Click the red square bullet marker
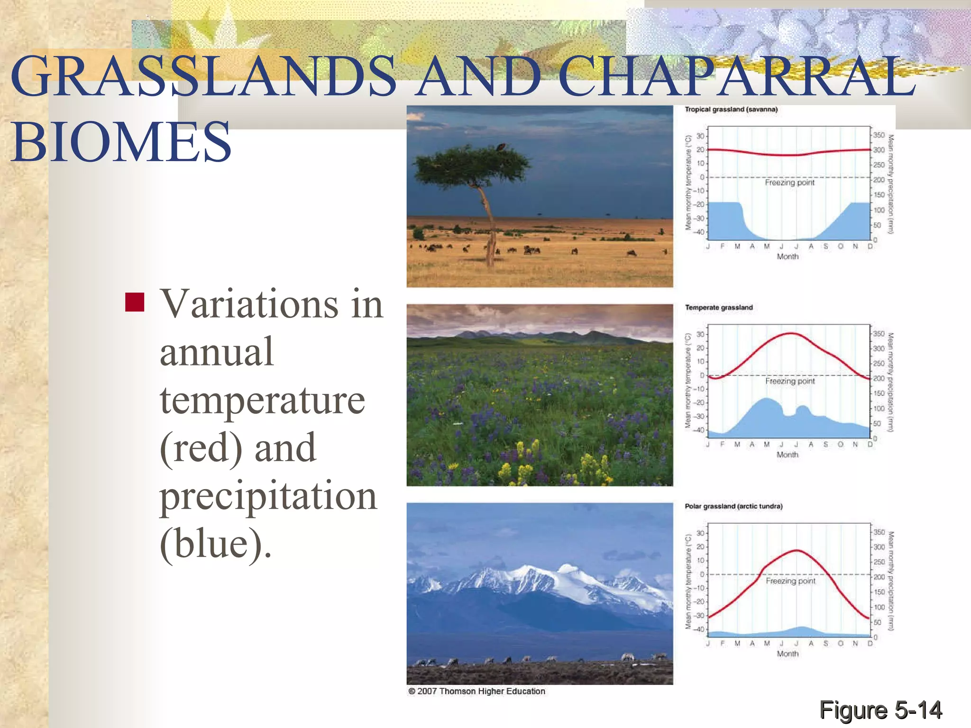(x=135, y=302)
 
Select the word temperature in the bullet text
(x=262, y=400)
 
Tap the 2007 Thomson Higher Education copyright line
(x=476, y=691)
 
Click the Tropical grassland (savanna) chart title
(x=731, y=109)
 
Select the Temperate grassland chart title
(x=719, y=308)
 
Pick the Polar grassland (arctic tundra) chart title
(x=733, y=506)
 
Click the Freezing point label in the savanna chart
(x=789, y=182)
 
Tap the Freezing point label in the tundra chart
(x=790, y=581)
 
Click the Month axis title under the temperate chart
(x=788, y=455)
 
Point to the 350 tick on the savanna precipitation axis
(x=879, y=135)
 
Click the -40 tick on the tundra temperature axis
(x=699, y=629)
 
